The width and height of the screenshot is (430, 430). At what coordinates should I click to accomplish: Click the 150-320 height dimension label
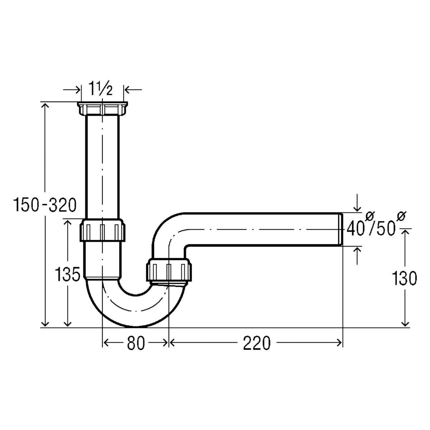point(45,205)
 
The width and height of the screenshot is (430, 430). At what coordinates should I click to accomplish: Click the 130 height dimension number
point(404,278)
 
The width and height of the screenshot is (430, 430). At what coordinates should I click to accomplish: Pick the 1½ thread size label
point(100,89)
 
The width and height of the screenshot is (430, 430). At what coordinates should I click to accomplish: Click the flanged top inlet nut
point(102,109)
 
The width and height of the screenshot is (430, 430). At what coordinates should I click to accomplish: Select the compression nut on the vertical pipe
point(102,230)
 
